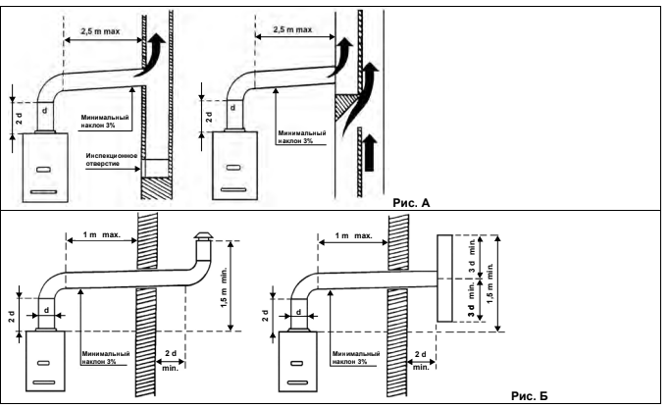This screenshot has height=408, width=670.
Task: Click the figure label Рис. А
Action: [411, 203]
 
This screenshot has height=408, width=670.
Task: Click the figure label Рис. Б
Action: [529, 396]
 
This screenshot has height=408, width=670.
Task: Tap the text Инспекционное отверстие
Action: [112, 159]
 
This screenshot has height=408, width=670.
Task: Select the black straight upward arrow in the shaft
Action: [370, 153]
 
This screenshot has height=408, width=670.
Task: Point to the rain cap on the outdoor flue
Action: [202, 235]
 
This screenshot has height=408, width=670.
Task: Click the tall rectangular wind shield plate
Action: [444, 278]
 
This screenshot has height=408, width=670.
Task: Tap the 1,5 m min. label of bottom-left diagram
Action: [225, 287]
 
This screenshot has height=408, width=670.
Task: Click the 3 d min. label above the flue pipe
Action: [472, 255]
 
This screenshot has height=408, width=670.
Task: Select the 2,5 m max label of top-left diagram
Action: [100, 31]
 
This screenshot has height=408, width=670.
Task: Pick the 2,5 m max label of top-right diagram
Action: [292, 29]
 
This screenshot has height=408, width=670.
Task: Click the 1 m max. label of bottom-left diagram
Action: [102, 235]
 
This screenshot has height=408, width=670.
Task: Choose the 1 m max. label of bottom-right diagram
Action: [353, 235]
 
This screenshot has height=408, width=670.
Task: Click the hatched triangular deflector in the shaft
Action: [345, 109]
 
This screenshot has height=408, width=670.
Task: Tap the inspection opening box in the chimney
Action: [156, 169]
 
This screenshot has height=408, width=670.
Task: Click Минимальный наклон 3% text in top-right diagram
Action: [302, 136]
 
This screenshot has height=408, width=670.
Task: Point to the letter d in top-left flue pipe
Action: [44, 111]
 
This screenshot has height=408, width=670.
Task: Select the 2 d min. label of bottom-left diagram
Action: [171, 360]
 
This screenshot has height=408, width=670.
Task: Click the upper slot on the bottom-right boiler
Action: [296, 364]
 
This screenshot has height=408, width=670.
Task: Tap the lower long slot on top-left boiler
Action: [43, 192]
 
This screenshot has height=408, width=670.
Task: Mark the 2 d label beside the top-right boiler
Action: [209, 117]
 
